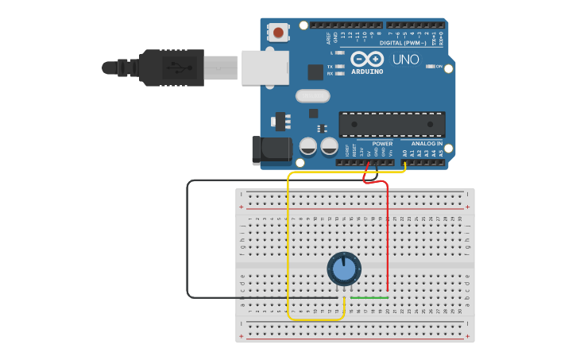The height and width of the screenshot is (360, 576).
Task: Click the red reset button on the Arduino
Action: [x=278, y=33]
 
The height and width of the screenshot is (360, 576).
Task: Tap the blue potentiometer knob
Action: [x=344, y=269]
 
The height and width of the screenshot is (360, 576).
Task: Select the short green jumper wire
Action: [x=370, y=298]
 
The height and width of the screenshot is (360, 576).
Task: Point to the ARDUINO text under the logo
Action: [x=367, y=72]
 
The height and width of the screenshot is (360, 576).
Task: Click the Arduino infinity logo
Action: [x=367, y=60]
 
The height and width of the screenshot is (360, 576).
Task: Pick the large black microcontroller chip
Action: [x=392, y=124]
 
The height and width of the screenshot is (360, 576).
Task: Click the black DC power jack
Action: [x=271, y=150]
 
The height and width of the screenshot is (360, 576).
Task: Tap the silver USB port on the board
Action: [x=265, y=68]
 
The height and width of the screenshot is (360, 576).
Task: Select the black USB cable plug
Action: [x=171, y=68]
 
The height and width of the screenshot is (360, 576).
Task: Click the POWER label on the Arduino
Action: [x=382, y=144]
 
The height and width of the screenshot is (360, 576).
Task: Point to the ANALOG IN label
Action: [x=427, y=144]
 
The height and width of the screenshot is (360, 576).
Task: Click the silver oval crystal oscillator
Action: [x=312, y=96]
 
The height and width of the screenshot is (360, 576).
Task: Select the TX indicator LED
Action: [x=341, y=66]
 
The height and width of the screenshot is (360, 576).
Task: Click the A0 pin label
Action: [x=404, y=152]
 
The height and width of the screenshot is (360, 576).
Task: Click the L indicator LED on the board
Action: [x=341, y=52]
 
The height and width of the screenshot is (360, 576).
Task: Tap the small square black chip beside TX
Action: [x=315, y=72]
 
